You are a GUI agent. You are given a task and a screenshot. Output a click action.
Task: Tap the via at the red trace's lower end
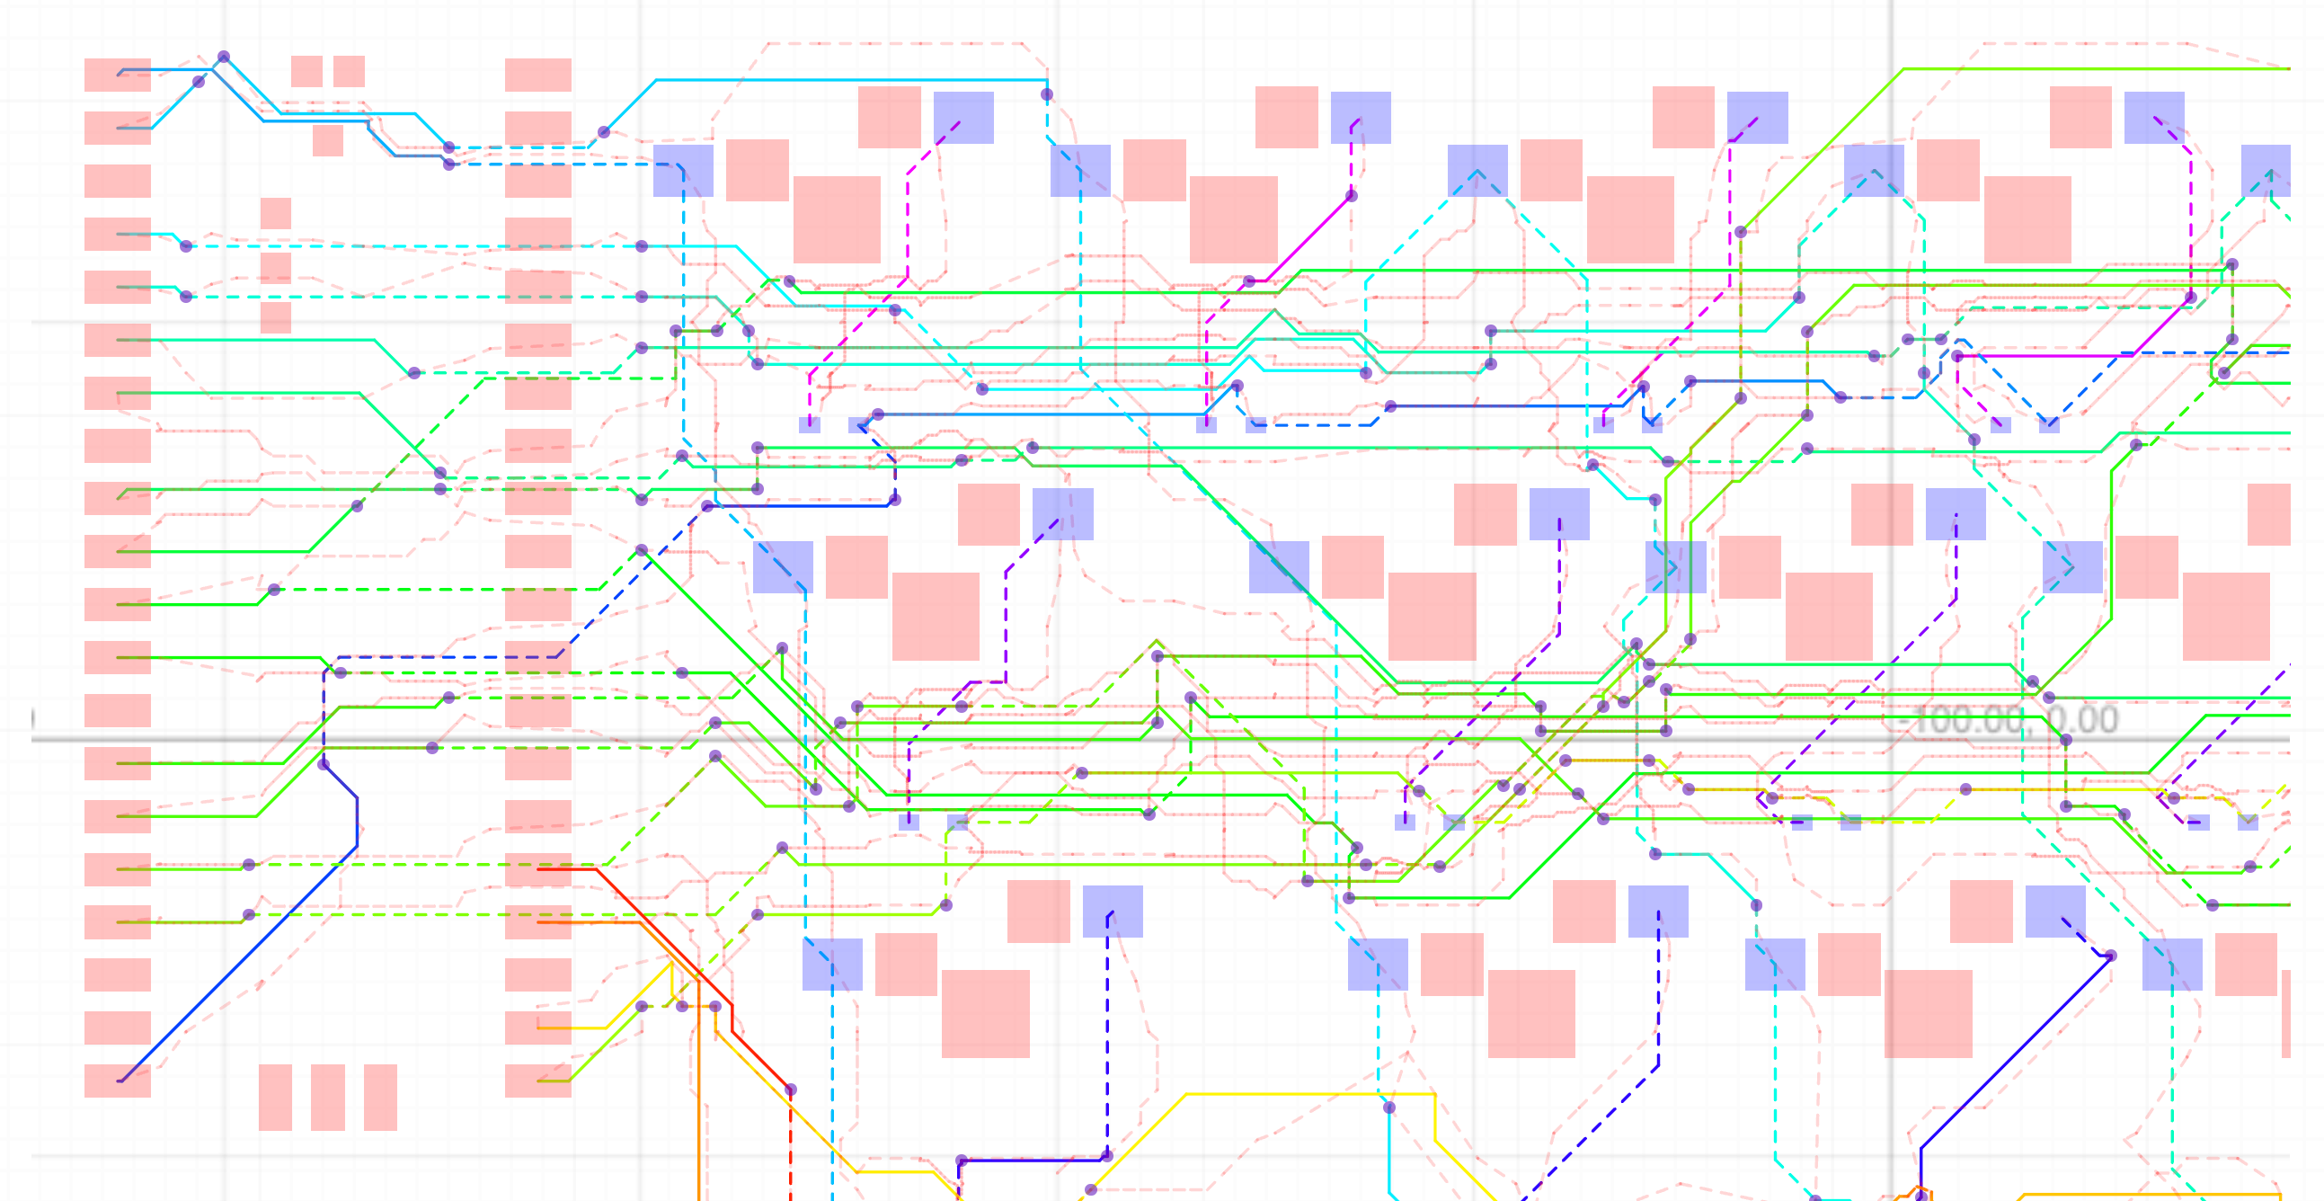click(x=790, y=1090)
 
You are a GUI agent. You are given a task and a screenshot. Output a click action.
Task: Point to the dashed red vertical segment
click(x=790, y=1146)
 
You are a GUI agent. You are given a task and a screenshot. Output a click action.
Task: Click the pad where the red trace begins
click(x=538, y=869)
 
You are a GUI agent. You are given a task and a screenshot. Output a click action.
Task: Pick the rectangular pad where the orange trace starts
click(x=538, y=922)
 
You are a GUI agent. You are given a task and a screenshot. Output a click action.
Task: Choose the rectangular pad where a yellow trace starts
click(x=538, y=1028)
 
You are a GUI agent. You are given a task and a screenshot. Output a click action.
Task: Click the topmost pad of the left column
click(x=118, y=75)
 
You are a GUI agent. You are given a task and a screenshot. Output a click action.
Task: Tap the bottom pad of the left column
click(x=118, y=1080)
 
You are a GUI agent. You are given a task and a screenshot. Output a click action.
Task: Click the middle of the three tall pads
click(x=327, y=1098)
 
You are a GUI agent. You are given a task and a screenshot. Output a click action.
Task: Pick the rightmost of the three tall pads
click(x=380, y=1098)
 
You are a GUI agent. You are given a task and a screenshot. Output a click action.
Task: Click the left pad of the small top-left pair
click(x=306, y=71)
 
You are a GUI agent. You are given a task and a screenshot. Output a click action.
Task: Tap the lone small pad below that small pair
click(x=327, y=141)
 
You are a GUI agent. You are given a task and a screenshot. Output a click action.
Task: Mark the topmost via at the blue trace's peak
click(x=224, y=57)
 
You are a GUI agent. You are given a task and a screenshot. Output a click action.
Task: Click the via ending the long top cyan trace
click(x=1047, y=93)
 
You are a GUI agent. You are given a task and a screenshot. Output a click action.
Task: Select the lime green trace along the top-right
click(x=2075, y=68)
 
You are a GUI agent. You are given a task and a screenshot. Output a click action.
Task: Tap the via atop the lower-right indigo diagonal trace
click(x=2111, y=956)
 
